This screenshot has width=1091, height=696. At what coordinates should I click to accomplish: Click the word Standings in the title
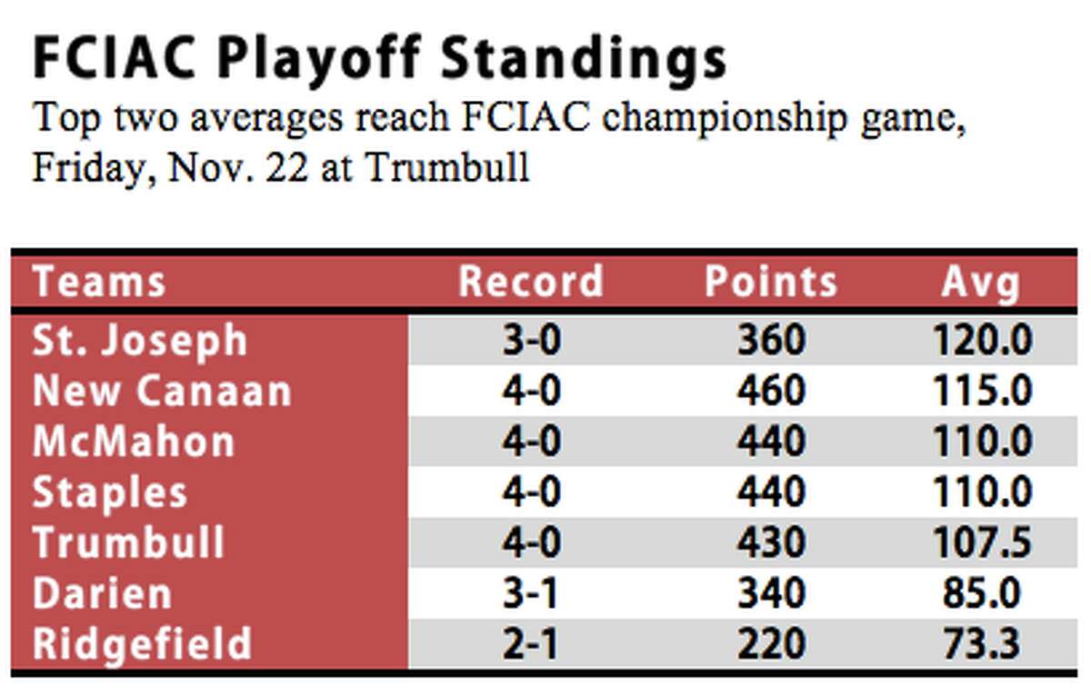[584, 60]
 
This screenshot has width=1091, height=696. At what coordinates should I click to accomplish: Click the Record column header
[531, 282]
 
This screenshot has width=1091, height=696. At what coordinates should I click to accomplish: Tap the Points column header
[771, 282]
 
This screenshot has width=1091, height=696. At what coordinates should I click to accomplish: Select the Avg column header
[981, 284]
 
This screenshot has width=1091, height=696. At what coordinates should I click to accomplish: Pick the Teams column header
[99, 282]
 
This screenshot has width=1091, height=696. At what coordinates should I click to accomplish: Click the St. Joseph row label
[140, 342]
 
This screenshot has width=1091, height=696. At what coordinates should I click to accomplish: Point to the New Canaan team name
[162, 391]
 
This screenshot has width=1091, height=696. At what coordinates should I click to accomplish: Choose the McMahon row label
[134, 441]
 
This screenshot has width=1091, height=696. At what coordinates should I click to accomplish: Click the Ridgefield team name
[142, 645]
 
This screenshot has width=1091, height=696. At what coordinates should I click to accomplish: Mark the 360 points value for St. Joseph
[772, 340]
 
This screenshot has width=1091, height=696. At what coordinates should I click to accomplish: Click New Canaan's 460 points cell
[772, 391]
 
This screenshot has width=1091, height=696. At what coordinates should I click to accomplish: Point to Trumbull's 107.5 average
[982, 542]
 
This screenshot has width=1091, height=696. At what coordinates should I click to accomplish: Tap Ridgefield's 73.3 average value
[982, 643]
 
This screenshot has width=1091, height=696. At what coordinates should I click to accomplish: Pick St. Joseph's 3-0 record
[531, 340]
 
